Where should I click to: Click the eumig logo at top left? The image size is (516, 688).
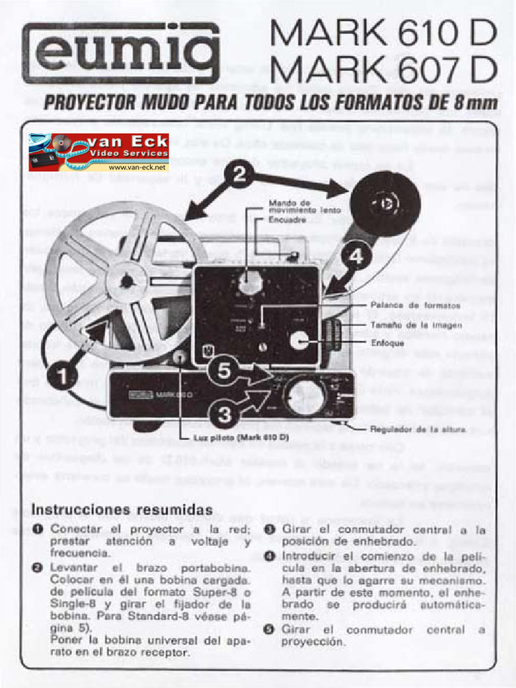coord(121,52)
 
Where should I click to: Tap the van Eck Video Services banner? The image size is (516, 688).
coord(98,152)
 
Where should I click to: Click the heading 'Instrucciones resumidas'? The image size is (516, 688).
coord(122,509)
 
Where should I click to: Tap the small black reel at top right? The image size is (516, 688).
coord(385,204)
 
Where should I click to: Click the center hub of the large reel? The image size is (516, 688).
coord(126,282)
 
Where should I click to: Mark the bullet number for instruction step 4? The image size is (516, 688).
coord(269,556)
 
